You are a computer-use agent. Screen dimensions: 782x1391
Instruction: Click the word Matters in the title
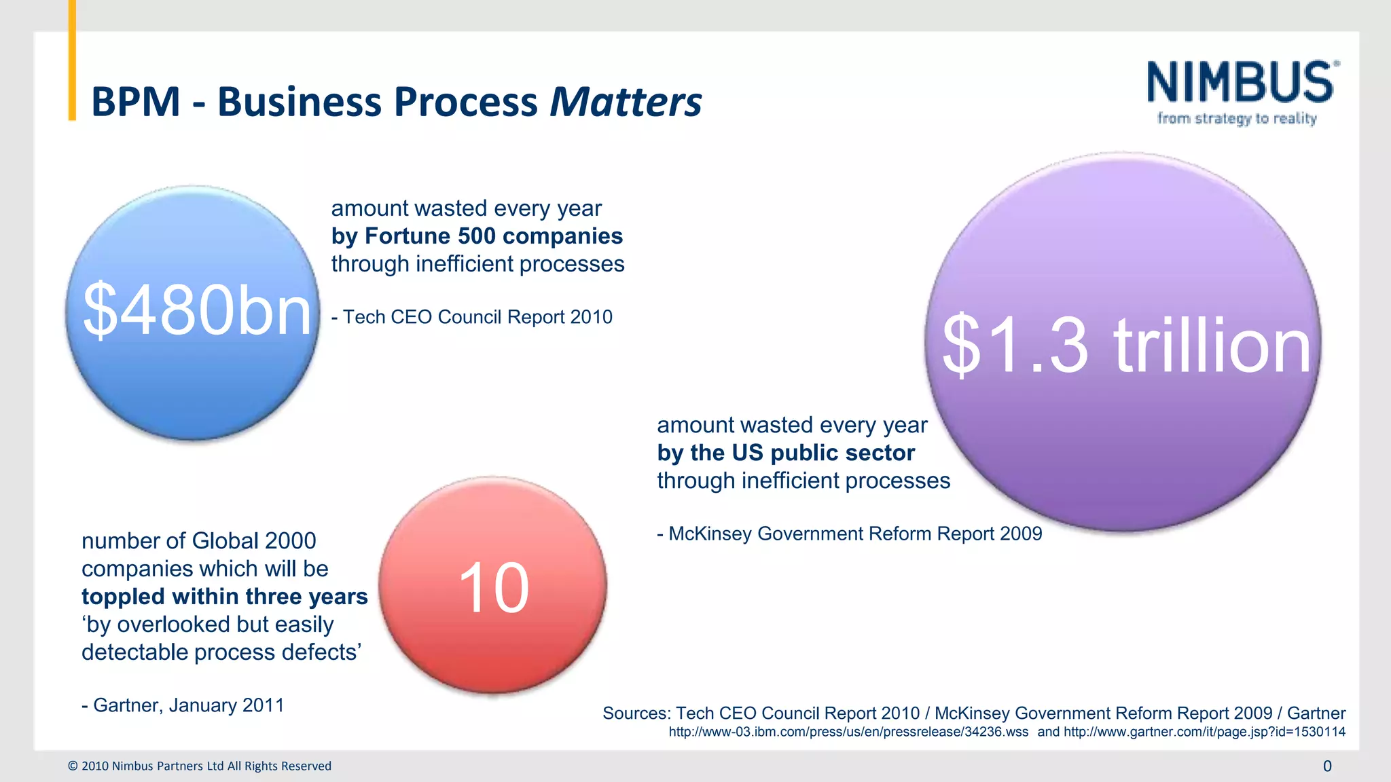tap(625, 102)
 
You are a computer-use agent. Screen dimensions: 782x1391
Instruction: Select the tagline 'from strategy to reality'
tap(1237, 119)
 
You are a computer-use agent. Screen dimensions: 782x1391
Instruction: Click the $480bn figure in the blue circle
tap(197, 310)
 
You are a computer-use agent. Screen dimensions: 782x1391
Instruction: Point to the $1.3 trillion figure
tap(1125, 346)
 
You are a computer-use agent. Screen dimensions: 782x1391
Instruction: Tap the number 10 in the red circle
tap(493, 589)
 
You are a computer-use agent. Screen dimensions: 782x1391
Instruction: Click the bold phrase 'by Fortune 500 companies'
tap(477, 236)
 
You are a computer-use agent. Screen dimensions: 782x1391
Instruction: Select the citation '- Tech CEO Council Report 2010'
tap(472, 317)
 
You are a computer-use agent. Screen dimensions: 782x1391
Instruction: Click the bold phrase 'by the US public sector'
tap(786, 453)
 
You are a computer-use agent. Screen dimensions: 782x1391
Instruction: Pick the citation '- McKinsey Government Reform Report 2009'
tap(849, 534)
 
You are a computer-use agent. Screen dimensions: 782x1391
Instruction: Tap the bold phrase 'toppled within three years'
tap(224, 597)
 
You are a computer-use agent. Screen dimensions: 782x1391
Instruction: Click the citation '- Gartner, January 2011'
tap(183, 705)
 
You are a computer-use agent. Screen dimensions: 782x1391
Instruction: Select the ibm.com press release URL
tap(848, 732)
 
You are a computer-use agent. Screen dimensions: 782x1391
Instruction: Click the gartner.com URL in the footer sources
tap(1204, 732)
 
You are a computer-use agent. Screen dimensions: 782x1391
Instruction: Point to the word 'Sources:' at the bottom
tap(636, 713)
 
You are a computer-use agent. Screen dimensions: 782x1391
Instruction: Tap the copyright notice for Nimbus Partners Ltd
tap(200, 766)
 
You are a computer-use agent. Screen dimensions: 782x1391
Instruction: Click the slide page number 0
tap(1327, 766)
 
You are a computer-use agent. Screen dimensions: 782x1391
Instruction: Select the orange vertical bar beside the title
tap(72, 61)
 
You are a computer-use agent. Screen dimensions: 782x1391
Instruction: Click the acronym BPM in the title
tap(136, 102)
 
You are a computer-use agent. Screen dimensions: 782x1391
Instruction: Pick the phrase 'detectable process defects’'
tap(221, 652)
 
